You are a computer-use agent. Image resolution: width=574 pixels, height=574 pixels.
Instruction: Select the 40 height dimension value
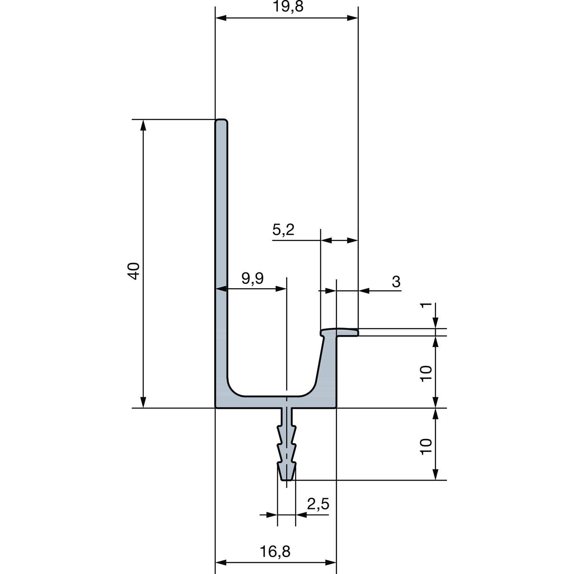point(134,271)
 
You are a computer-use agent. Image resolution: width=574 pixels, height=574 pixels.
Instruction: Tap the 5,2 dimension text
point(283,230)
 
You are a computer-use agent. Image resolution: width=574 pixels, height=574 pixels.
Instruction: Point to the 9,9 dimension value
point(253,279)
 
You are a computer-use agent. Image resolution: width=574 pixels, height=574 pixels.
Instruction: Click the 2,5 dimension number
point(318,504)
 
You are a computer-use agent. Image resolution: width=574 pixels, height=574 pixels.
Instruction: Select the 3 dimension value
point(396,282)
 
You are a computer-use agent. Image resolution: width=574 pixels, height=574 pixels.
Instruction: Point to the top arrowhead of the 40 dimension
point(143,124)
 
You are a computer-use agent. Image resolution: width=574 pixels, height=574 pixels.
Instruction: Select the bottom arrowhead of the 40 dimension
point(143,403)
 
